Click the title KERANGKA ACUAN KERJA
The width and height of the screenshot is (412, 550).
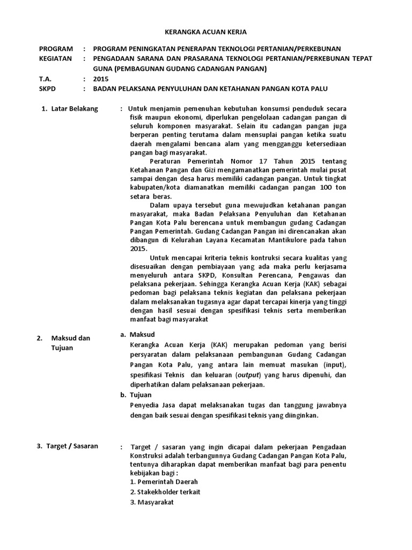(205, 33)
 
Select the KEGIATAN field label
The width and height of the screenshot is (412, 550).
(55, 58)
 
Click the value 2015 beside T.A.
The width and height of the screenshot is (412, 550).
(100, 78)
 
